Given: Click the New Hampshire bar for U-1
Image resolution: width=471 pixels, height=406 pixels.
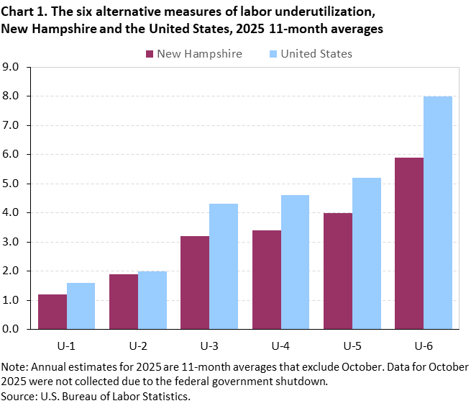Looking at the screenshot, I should point(52,312).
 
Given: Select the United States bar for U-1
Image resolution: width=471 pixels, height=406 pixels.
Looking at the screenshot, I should point(81,306).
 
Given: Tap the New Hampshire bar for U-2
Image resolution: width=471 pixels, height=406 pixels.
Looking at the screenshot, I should point(124,302).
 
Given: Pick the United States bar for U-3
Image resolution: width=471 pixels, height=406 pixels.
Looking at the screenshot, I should point(224,266).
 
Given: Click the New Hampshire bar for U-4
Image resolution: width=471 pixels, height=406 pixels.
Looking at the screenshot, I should point(267,279).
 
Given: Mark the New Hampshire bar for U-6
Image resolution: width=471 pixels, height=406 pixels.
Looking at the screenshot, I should point(409,243).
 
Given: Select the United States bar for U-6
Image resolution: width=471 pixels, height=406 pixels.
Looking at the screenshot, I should point(438,212).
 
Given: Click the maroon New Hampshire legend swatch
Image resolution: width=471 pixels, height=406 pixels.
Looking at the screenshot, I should point(150,54).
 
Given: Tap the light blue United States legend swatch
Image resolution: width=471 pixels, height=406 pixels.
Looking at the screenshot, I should point(273,54).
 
